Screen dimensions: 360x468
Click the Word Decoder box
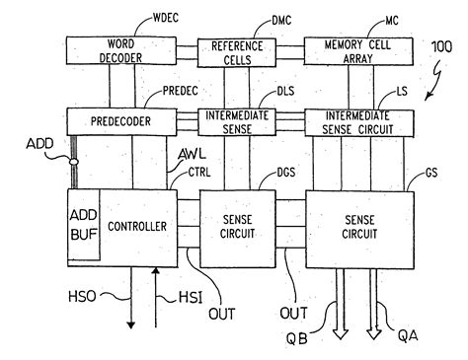coord(117,50)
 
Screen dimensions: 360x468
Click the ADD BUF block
coord(82,226)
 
